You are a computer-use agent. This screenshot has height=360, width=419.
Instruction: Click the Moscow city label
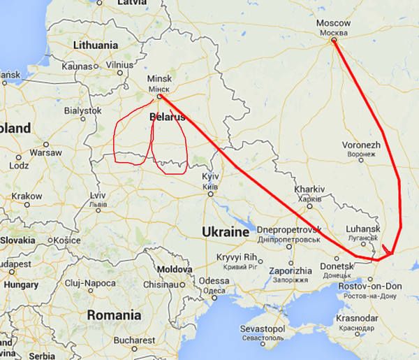click(333, 24)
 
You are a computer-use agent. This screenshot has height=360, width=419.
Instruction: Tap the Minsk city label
click(159, 79)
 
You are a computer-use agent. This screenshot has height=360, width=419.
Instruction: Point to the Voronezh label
click(361, 145)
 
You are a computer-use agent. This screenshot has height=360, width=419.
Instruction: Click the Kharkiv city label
click(310, 189)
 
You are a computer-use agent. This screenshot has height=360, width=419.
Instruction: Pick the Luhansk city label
click(362, 229)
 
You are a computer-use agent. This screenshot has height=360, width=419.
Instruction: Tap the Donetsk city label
click(337, 266)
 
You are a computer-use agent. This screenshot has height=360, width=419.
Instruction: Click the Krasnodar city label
click(357, 319)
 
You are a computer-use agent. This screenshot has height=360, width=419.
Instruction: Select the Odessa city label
click(214, 281)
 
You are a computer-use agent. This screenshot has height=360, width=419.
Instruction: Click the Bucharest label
click(135, 340)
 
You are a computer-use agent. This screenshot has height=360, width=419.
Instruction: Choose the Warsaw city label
click(46, 152)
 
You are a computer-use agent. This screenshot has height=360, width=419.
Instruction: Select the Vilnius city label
click(119, 66)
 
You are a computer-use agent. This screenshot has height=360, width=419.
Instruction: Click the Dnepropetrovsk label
click(288, 229)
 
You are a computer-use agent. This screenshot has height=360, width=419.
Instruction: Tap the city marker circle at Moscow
click(334, 41)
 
